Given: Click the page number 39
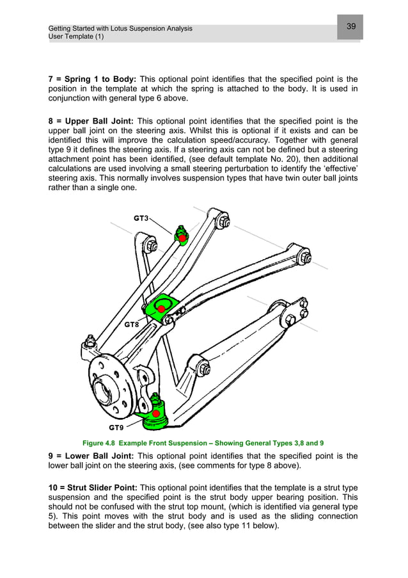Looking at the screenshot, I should point(351,26).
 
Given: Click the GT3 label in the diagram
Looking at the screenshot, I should point(141,218).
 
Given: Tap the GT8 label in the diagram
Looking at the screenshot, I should point(132,325).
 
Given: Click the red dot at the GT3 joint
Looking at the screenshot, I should point(182,239).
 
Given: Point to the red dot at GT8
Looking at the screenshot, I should point(162,309).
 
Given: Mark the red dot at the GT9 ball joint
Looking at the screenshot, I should point(155,413).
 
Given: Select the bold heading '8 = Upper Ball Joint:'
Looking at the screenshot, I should point(91,120).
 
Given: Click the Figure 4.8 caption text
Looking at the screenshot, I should point(204,442).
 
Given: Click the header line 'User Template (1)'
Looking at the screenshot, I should point(76,37).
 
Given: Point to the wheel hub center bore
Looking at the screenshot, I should point(104,388).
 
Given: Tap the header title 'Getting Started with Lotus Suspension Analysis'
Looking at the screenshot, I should point(120,29).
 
